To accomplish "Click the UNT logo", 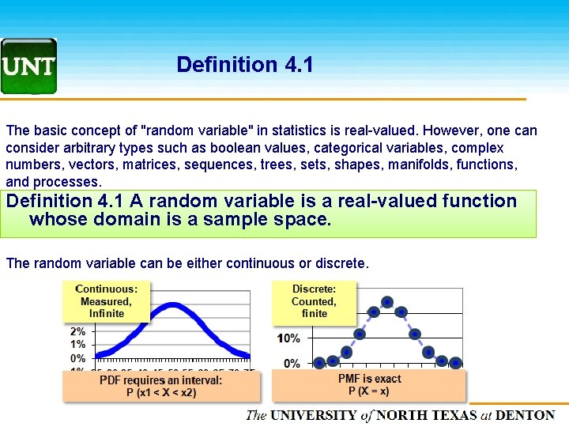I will coord(28,66).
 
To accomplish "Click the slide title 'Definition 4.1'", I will coord(245,65).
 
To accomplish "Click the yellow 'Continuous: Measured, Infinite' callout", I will coord(106,301).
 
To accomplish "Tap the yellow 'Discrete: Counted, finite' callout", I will coord(314,301).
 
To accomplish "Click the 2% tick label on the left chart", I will coord(78,331).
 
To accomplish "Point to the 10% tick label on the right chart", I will coord(288,338).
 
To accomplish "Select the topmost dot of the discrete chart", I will coord(387,301).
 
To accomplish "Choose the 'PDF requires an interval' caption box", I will coord(161,387).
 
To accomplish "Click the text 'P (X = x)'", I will coord(369,391).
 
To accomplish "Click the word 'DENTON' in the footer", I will coord(526,415).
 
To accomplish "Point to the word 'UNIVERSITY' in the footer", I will coord(314,415).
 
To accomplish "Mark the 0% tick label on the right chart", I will coord(292,364).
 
